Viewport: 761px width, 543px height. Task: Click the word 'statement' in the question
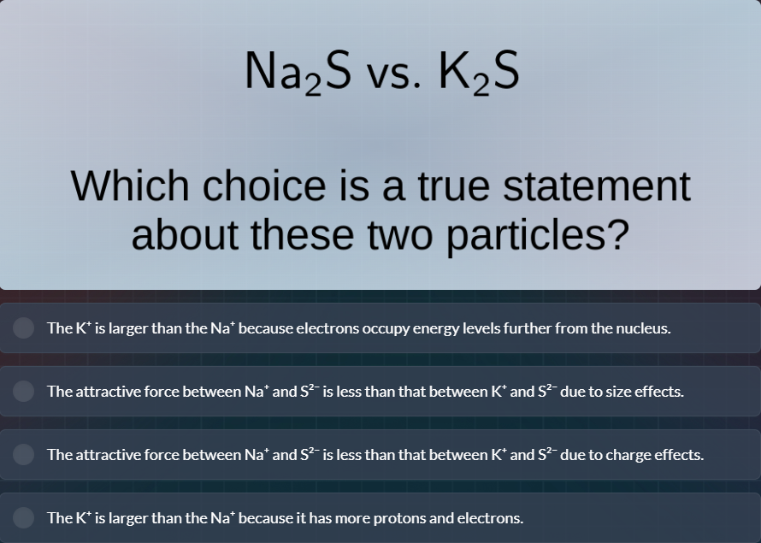[595, 186]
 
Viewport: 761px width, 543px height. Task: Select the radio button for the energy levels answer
[24, 328]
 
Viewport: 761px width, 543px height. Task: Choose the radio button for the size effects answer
[24, 392]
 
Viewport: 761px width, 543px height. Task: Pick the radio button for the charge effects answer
[24, 455]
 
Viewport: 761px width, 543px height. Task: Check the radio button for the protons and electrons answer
[24, 518]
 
